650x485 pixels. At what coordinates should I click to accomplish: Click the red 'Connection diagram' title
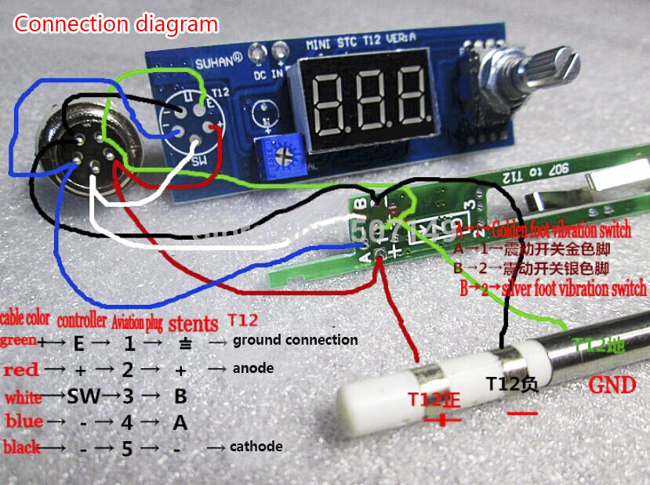click(116, 24)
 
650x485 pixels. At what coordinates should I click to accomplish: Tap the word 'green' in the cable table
click(17, 341)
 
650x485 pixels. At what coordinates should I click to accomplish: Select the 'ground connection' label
click(295, 340)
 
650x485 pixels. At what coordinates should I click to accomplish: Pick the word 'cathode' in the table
click(256, 447)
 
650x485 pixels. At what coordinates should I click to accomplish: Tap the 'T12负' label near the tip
click(512, 384)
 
